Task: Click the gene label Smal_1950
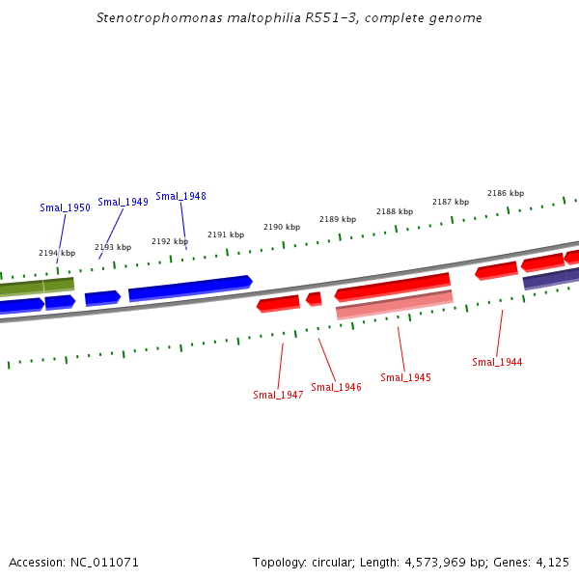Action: click(65, 207)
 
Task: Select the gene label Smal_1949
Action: click(123, 202)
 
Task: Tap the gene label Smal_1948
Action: click(180, 196)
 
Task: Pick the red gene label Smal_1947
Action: click(278, 395)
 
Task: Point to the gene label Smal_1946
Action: click(336, 387)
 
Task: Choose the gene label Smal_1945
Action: click(405, 377)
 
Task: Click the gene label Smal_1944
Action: click(497, 362)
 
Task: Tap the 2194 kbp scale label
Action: click(57, 253)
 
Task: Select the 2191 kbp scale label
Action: click(226, 234)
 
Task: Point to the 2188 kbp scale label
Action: click(395, 211)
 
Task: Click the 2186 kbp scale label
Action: click(506, 193)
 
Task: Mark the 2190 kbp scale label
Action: click(282, 227)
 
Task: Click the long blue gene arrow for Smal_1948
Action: click(190, 288)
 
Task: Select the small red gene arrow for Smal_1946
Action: click(314, 299)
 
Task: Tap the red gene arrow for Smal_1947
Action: click(278, 304)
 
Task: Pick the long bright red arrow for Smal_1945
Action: click(393, 287)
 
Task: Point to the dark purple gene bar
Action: click(551, 279)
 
